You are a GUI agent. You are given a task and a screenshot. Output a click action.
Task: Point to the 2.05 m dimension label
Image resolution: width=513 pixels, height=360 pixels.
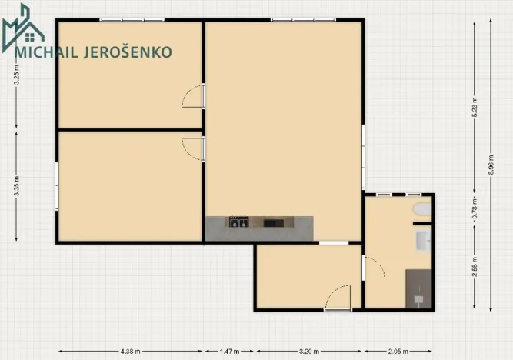pos(398,352)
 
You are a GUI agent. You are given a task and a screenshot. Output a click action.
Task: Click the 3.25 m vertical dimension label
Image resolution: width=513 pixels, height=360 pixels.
pos(16,78)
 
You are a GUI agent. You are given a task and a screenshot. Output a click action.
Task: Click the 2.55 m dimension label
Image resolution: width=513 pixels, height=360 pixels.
pos(475,265)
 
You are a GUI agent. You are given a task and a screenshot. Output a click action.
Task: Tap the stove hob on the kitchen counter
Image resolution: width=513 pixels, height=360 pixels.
pos(238,223)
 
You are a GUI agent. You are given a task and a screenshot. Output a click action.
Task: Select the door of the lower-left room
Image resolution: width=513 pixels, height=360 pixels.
pos(194,148)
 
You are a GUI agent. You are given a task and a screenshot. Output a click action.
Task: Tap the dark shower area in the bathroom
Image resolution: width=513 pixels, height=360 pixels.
pos(418,288)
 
